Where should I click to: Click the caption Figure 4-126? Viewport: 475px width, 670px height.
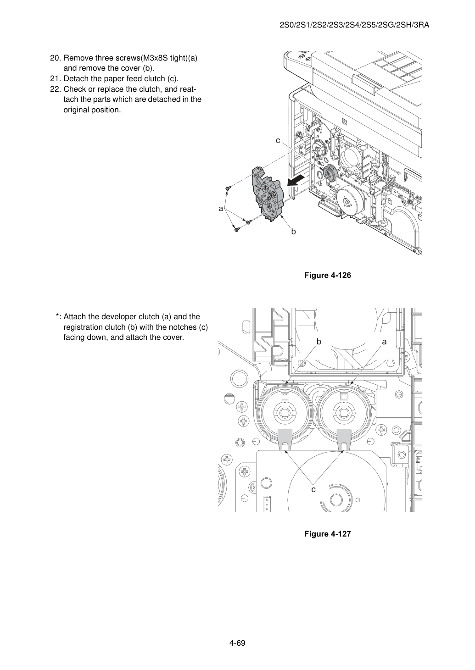coord(327,275)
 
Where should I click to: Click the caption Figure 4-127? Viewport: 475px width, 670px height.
coord(327,534)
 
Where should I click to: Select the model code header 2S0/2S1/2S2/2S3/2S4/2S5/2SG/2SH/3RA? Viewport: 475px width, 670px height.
coord(354,25)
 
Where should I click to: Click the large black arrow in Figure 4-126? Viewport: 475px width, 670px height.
coord(296,181)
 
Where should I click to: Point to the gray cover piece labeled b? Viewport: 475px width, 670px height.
coord(267,194)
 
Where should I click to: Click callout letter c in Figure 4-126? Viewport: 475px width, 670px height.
coord(278,140)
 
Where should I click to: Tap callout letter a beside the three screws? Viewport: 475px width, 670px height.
coord(221,209)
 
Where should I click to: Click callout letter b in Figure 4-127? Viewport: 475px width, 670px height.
coord(319,342)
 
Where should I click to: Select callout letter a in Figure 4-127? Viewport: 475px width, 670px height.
coord(384,342)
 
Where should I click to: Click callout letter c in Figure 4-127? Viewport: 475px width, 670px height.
coord(313,490)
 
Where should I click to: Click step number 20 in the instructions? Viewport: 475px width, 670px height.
coord(56,58)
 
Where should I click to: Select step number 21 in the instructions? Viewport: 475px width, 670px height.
coord(56,79)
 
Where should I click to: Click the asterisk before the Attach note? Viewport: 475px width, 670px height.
coord(57,316)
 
